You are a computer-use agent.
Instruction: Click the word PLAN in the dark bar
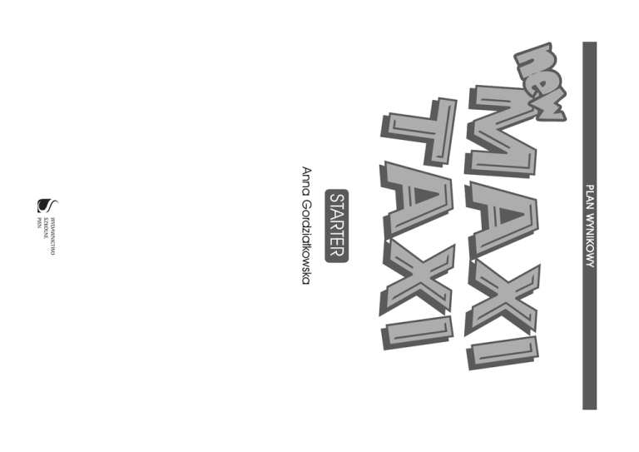click(589, 196)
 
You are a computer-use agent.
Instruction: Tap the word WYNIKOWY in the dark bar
click(589, 241)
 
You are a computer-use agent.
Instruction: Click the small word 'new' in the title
click(540, 82)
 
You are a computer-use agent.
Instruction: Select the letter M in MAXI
click(501, 132)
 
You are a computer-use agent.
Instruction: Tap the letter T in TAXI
click(418, 132)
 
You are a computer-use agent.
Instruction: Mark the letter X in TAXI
click(417, 278)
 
